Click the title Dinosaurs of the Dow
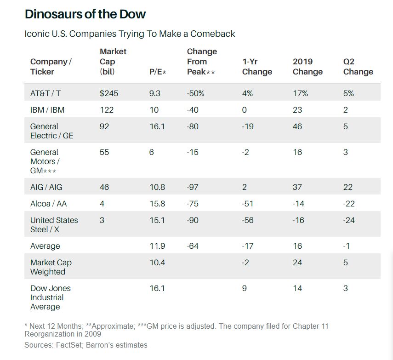85,14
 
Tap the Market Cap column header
113,62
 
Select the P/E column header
157,72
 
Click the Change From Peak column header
202,62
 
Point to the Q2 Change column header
358,67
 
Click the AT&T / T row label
46,93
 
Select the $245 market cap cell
109,93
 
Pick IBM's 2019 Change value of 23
297,110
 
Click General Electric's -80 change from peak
193,126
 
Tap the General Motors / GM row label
45,161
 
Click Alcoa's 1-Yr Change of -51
248,204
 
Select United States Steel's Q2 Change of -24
349,220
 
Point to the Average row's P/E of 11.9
157,246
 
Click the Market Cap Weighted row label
51,267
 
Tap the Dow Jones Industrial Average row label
50,297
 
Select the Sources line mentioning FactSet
86,345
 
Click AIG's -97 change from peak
193,187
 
